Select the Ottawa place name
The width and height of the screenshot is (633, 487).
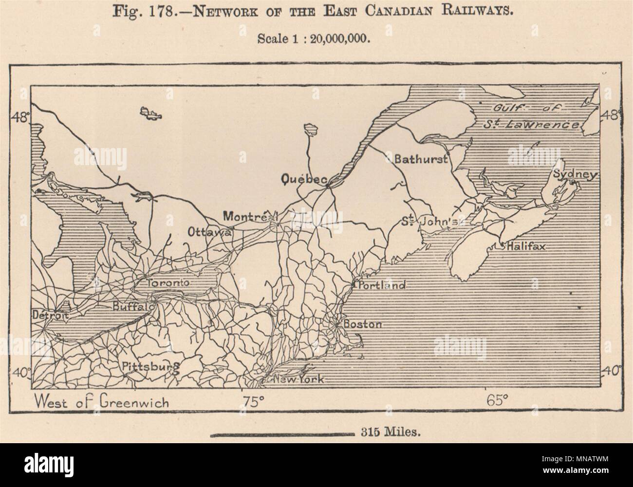tap(209, 232)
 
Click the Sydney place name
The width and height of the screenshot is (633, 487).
tap(574, 175)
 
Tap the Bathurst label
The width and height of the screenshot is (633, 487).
tap(420, 159)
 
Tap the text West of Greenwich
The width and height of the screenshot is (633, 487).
tap(102, 402)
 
